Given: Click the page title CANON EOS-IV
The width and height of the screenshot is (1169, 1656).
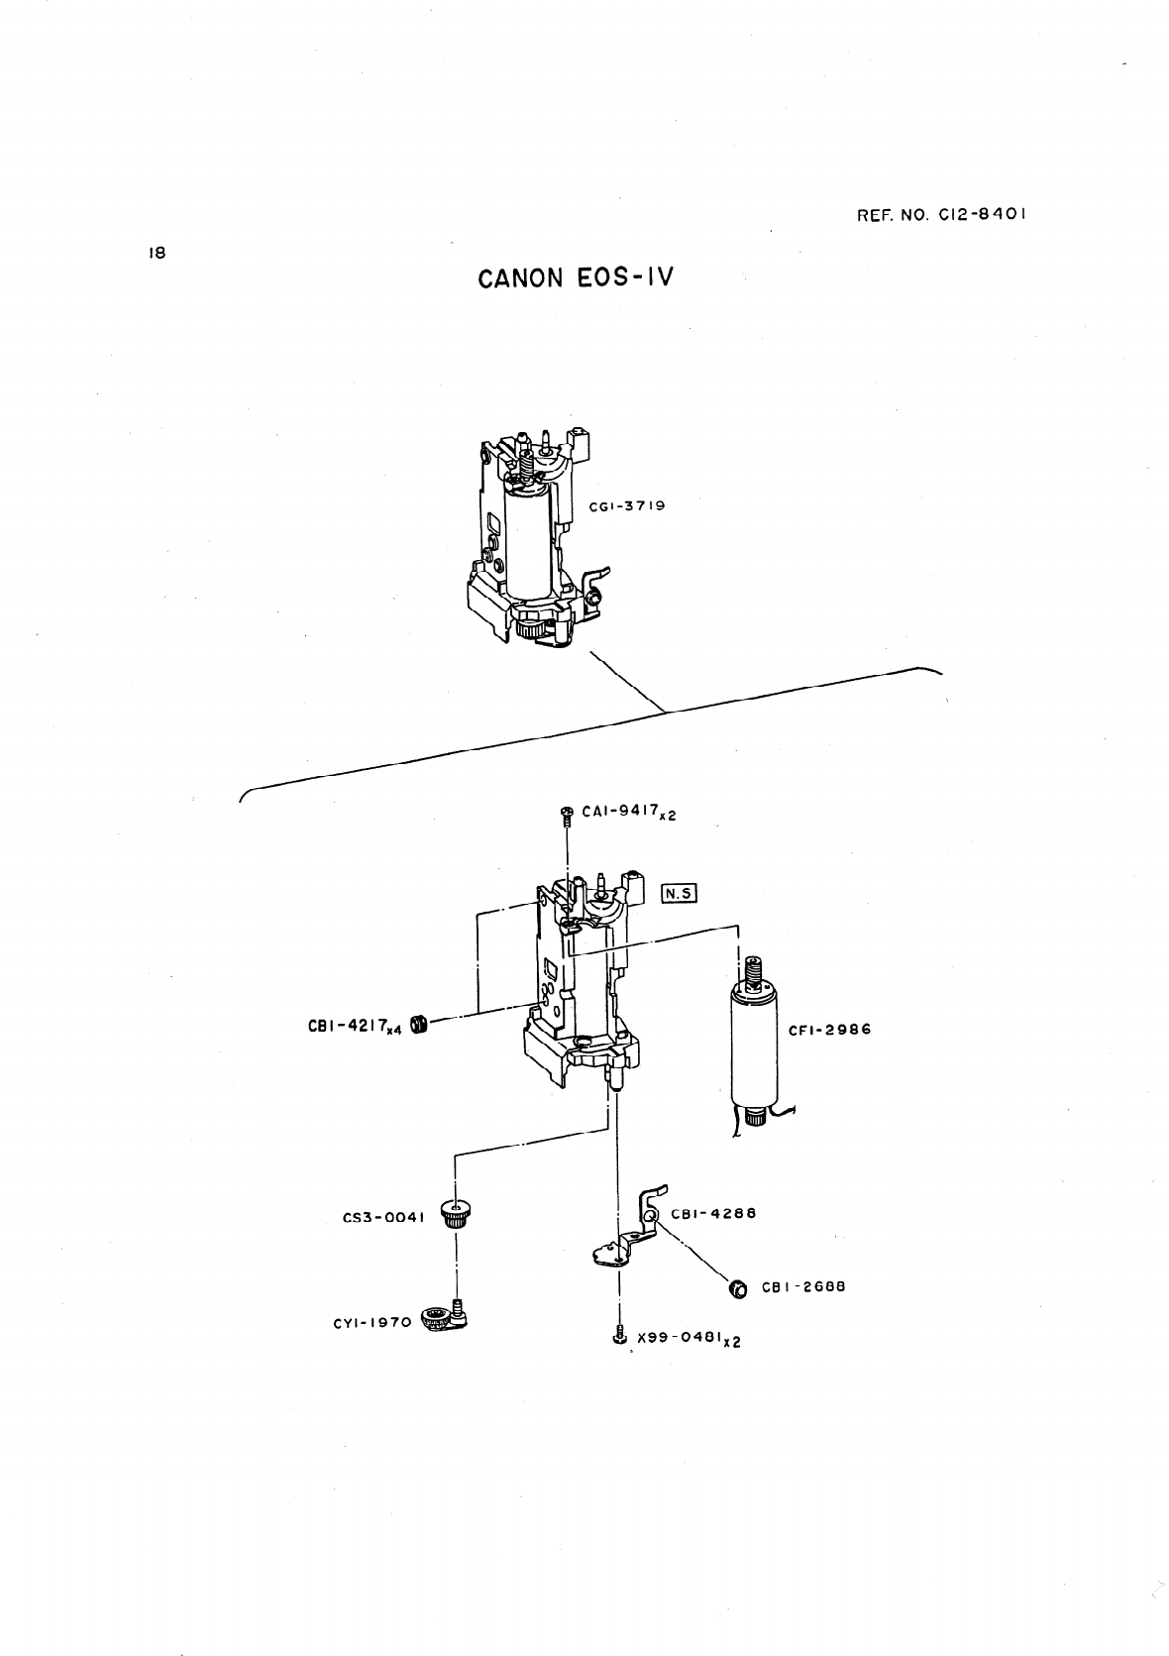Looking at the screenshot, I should (575, 277).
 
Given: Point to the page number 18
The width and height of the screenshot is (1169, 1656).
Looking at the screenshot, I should (156, 253).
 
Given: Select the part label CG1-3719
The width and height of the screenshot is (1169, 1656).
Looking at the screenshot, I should (626, 506).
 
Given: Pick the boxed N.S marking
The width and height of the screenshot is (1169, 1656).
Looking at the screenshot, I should (680, 893).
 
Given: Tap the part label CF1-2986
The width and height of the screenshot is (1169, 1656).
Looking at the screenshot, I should (829, 1030).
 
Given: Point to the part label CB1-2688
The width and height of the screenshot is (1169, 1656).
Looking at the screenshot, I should (802, 1288).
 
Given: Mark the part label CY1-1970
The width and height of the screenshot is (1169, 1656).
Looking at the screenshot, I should (372, 1321).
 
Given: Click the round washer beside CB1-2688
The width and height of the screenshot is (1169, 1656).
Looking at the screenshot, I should (738, 1289).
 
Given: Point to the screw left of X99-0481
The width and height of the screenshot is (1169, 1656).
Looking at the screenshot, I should (619, 1336).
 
